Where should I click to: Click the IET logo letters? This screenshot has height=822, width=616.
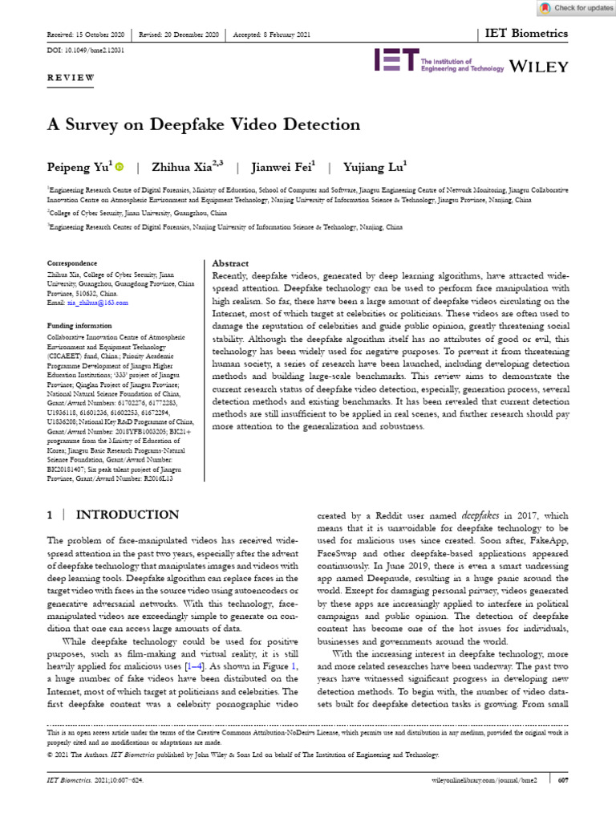coord(396,62)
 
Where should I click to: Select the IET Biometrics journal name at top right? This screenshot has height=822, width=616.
coord(526,34)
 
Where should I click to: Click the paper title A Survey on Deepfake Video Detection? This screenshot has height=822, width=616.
coord(205,124)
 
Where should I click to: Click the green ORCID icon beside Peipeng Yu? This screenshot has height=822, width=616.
coord(120,167)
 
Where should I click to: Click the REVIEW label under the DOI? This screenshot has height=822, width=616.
coord(71,77)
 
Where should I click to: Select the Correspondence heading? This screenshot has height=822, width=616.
coord(72,263)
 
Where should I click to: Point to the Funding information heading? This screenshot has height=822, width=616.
coord(79,326)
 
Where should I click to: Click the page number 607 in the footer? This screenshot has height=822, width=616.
coord(563,779)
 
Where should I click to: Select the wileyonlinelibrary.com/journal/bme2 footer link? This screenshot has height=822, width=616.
coord(479,779)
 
